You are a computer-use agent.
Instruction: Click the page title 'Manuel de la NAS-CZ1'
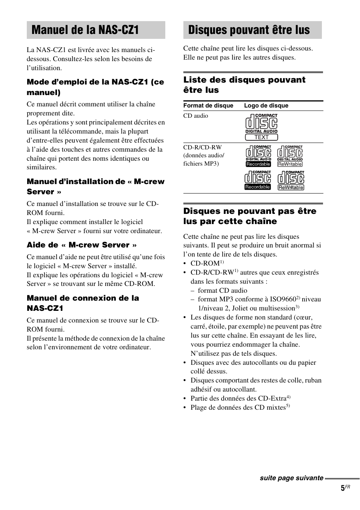[x=85, y=30]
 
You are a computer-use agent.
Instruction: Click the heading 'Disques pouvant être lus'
[x=249, y=30]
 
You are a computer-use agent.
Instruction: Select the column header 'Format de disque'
[x=208, y=106]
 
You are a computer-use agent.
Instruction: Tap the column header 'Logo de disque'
[x=266, y=106]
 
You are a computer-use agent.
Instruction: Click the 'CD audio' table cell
[x=195, y=116]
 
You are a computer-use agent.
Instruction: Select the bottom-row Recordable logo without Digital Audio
[x=258, y=180]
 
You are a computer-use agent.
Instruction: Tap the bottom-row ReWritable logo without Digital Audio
[x=291, y=180]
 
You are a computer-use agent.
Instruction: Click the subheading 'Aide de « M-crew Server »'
[x=82, y=245]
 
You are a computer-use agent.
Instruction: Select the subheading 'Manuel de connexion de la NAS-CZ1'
[x=83, y=303]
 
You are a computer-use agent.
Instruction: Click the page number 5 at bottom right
[x=343, y=488]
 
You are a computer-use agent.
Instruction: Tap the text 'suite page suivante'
[x=291, y=478]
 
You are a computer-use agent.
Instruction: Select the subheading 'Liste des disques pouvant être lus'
[x=244, y=84]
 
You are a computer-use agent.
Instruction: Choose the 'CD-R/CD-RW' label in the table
[x=202, y=147]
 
